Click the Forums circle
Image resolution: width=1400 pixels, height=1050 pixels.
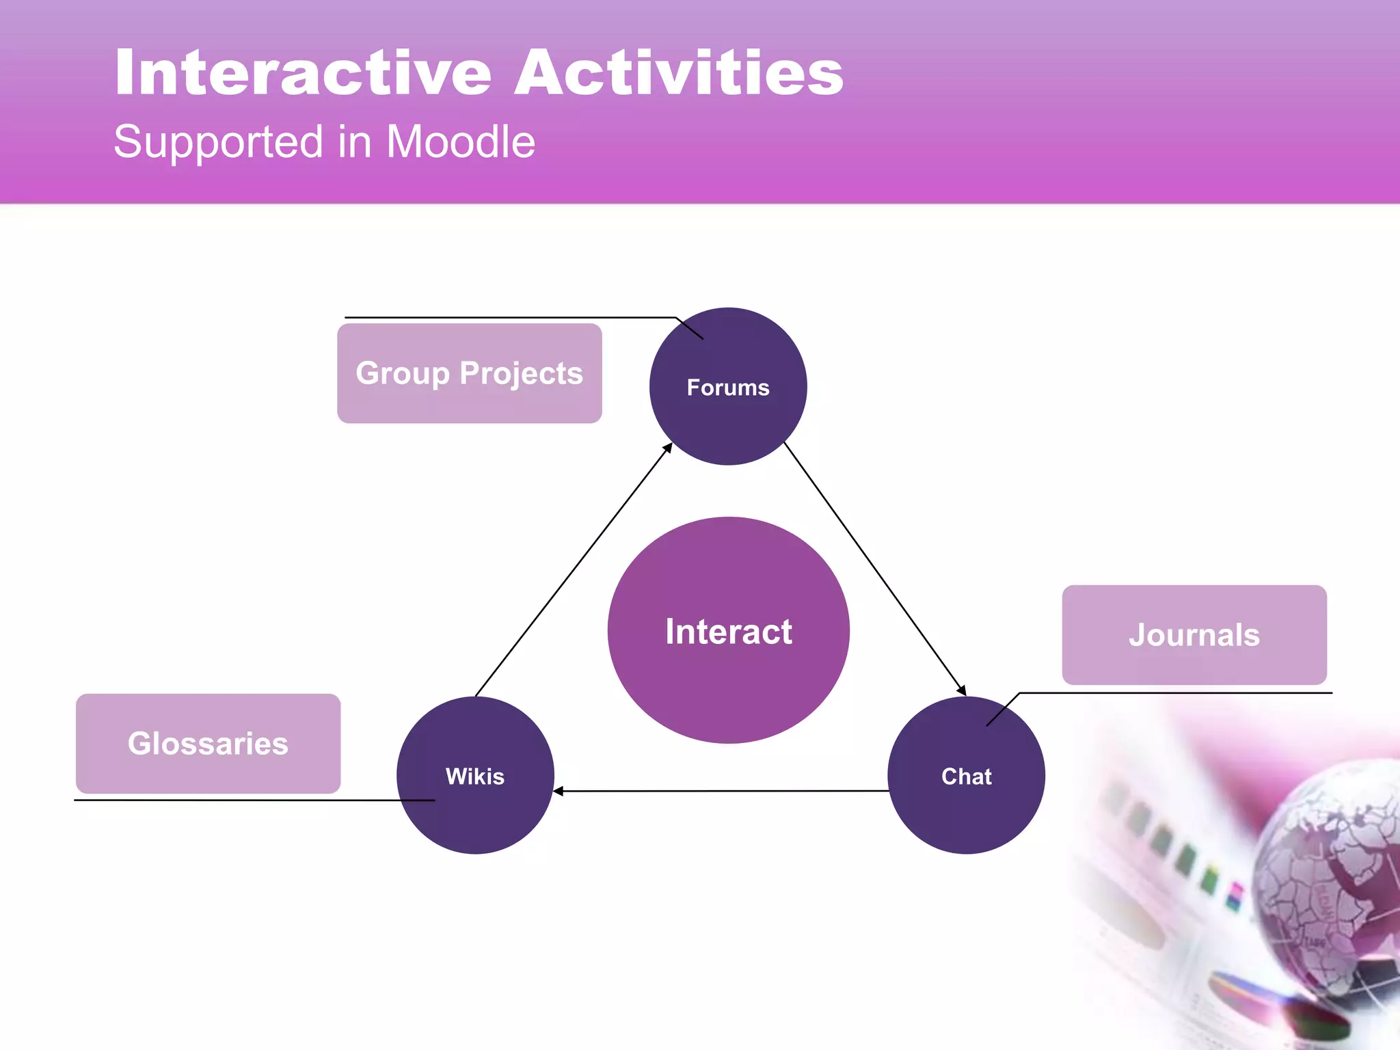coord(728,387)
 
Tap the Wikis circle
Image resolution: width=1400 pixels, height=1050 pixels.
coord(475,775)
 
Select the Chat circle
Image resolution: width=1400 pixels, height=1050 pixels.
coord(966,775)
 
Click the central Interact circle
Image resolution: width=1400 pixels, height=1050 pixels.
coord(728,630)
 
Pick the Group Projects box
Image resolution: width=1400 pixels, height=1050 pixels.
coord(469,373)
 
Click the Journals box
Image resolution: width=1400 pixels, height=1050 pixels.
coord(1194,635)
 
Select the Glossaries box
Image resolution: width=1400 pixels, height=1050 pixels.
coord(208,744)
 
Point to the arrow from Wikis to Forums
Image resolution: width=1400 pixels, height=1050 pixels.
coord(573,570)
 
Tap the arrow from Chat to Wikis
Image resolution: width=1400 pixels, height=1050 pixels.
coord(721,791)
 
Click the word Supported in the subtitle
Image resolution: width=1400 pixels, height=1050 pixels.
coord(218,142)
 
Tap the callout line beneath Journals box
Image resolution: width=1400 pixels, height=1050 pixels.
coord(1176,693)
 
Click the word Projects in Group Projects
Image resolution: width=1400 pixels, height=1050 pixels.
coord(521,373)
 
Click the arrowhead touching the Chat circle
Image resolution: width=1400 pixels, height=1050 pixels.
coord(962,691)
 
